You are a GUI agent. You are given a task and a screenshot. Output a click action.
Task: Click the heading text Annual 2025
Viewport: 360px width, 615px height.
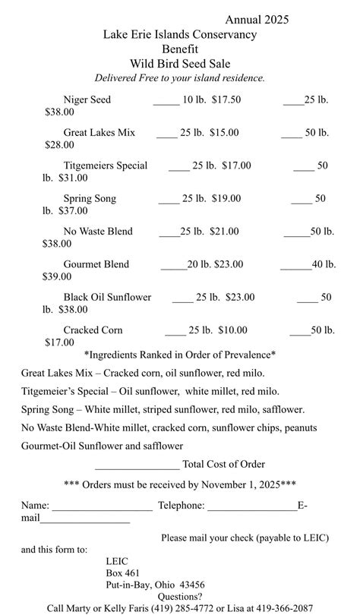(257, 20)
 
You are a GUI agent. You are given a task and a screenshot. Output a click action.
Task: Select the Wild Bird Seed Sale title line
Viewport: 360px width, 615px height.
(180, 64)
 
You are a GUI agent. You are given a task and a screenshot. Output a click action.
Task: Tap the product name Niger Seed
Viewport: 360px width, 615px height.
(87, 99)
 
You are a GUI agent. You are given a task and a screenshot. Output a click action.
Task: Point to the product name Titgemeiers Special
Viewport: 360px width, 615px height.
(106, 166)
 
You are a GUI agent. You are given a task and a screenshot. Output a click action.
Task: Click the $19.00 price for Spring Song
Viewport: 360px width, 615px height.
(226, 198)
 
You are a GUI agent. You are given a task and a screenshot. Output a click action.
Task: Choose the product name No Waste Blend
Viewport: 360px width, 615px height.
(98, 232)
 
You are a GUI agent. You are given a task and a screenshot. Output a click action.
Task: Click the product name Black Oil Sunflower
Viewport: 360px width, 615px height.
(107, 297)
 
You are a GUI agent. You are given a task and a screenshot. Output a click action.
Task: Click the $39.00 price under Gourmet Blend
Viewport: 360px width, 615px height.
(58, 277)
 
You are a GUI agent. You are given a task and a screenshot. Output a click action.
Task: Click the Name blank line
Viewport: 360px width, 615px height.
(102, 508)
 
